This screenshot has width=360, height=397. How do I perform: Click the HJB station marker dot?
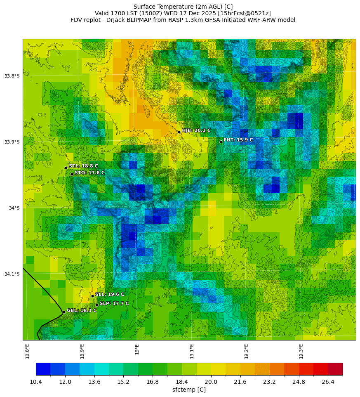click(179, 132)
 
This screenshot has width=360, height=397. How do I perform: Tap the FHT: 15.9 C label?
click(238, 140)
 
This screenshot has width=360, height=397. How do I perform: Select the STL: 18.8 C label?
click(83, 166)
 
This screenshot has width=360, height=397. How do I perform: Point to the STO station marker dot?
click(72, 174)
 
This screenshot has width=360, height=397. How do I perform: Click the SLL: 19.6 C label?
click(109, 294)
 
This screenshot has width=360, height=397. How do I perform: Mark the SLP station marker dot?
click(97, 305)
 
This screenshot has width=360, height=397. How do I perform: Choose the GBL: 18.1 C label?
click(82, 310)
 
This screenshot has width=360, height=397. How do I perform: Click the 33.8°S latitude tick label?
click(12, 76)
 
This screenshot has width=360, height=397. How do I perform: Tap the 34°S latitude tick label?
click(14, 208)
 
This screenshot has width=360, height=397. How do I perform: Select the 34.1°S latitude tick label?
click(12, 274)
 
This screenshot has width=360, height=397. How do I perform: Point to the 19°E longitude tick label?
click(137, 349)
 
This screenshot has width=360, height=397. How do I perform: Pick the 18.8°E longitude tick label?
click(27, 351)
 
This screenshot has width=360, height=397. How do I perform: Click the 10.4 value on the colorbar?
click(36, 382)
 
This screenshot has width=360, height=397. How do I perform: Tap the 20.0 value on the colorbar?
click(211, 382)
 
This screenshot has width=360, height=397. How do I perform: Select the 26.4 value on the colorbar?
click(328, 382)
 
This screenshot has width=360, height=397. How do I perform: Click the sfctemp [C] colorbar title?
click(189, 390)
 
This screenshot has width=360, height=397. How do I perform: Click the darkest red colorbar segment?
click(335, 369)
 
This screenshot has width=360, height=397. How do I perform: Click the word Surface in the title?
click(145, 7)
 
